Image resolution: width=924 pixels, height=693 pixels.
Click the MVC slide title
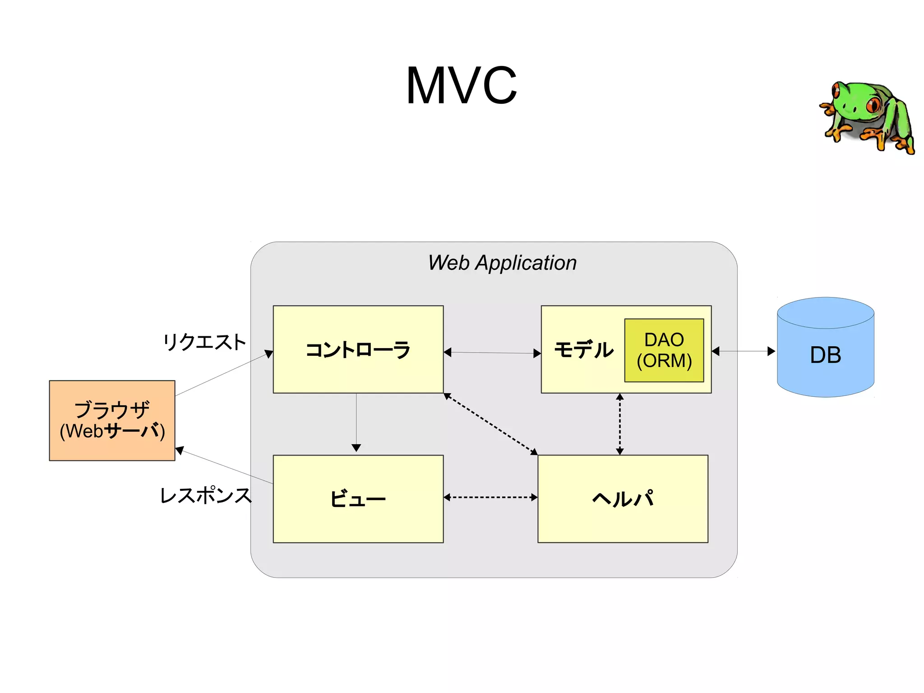point(461,85)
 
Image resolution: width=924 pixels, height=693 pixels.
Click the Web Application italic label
point(502,262)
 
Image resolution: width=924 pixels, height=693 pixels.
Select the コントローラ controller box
point(358,349)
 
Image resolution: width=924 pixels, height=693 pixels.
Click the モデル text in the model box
point(583,350)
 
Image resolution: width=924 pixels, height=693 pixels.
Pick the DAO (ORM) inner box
point(664,350)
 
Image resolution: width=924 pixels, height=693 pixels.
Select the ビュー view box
point(358,498)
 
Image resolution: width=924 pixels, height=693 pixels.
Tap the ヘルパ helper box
point(623,498)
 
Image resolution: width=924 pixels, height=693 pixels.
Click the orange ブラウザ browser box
point(112,420)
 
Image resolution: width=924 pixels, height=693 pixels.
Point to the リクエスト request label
point(204,342)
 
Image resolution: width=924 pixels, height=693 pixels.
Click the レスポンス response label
point(206,495)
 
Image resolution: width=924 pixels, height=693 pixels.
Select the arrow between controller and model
point(492,353)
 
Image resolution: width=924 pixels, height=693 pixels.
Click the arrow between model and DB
point(743,351)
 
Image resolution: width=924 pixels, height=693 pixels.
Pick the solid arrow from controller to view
point(356,422)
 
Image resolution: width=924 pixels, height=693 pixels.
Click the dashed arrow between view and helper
point(490,497)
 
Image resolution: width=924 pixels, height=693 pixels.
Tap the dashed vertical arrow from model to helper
point(619,423)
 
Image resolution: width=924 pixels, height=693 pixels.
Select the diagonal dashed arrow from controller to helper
point(490,424)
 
